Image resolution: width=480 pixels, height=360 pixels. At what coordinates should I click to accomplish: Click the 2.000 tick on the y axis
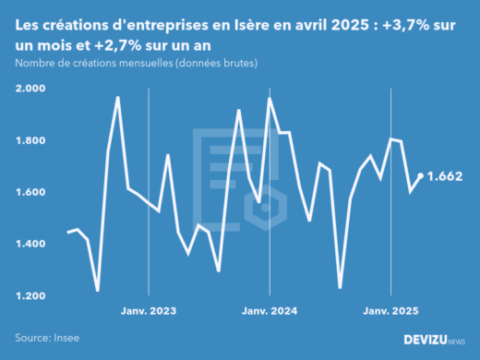[31, 89]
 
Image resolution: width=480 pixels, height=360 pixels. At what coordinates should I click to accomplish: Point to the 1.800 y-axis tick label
[31, 140]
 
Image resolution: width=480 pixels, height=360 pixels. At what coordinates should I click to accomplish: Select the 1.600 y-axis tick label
[31, 192]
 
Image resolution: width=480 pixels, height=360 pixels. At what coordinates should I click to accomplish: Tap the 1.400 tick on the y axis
[31, 244]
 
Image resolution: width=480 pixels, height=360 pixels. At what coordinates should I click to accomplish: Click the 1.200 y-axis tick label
[31, 295]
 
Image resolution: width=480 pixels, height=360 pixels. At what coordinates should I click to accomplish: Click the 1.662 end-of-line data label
[449, 175]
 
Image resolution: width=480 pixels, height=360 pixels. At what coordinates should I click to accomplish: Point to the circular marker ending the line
[422, 175]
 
